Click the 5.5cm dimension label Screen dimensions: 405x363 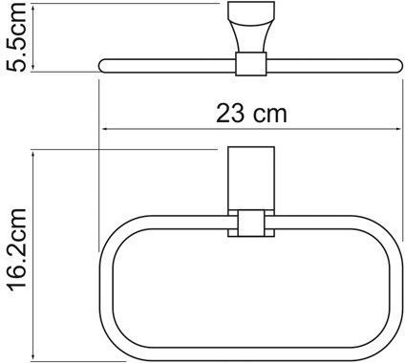16,37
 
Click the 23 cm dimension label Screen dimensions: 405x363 251,114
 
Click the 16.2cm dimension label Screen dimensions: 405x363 16,249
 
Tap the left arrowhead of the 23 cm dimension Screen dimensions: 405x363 105,129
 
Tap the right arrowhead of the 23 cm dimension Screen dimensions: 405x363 397,129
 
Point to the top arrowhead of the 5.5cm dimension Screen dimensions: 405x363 34,8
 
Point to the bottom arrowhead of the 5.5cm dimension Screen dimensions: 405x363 34,68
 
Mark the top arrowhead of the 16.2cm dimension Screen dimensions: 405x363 33,154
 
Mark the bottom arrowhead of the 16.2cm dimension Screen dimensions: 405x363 33,357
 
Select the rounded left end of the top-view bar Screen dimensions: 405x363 102,66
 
